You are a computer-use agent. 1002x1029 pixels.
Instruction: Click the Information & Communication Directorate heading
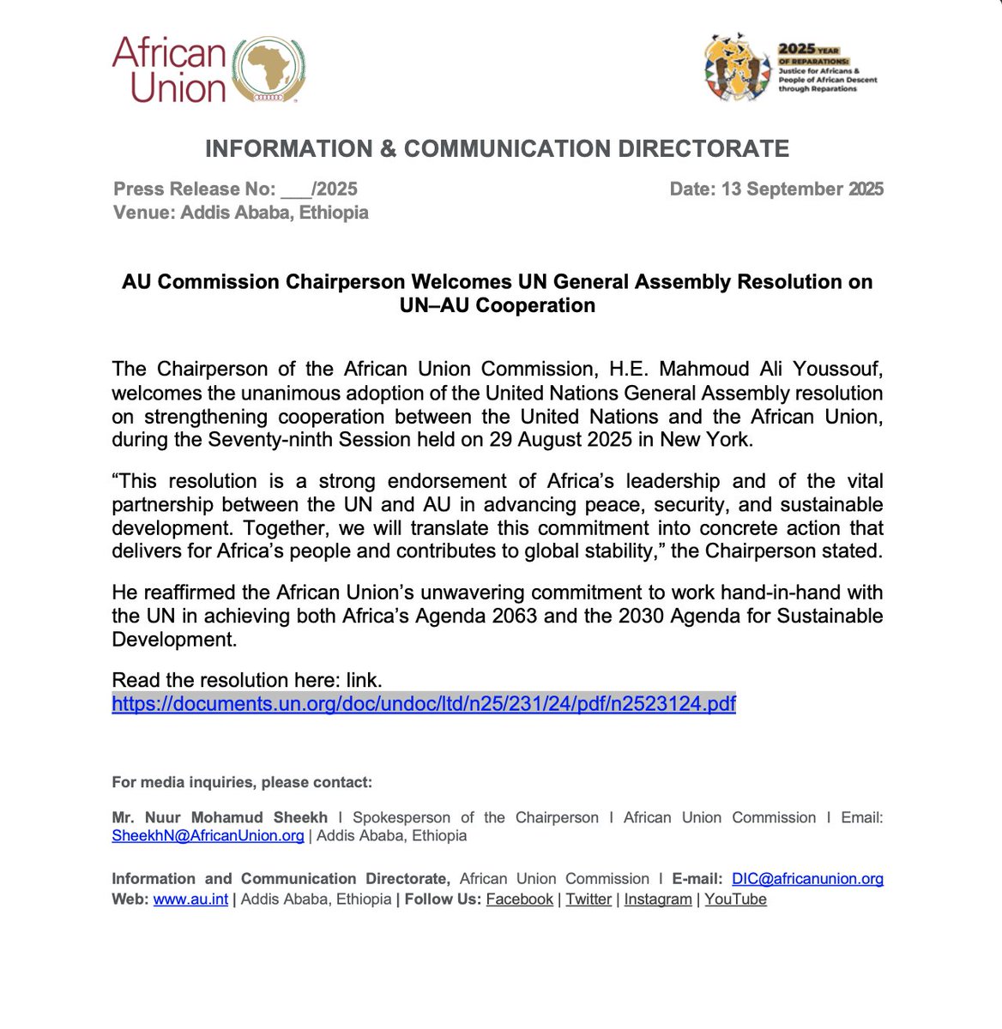(497, 148)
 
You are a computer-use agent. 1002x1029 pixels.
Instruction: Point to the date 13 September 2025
(802, 189)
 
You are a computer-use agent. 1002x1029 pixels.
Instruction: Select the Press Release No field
(235, 189)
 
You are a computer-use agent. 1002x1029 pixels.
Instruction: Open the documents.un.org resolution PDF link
(424, 704)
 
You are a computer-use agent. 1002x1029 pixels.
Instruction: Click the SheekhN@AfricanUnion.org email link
(208, 835)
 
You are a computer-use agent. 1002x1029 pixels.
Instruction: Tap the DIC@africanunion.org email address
(807, 879)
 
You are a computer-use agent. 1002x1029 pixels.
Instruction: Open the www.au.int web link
(190, 900)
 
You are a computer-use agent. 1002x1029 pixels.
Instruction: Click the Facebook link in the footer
(519, 900)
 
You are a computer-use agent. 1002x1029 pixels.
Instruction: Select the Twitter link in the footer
(589, 900)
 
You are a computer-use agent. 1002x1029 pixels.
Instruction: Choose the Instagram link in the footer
(657, 900)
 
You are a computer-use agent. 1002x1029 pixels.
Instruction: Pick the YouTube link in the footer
(735, 900)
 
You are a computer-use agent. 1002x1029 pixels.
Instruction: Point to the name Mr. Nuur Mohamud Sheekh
(220, 817)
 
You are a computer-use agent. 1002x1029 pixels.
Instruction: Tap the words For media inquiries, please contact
(242, 782)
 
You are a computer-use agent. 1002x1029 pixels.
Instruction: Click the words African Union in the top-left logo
(169, 70)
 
